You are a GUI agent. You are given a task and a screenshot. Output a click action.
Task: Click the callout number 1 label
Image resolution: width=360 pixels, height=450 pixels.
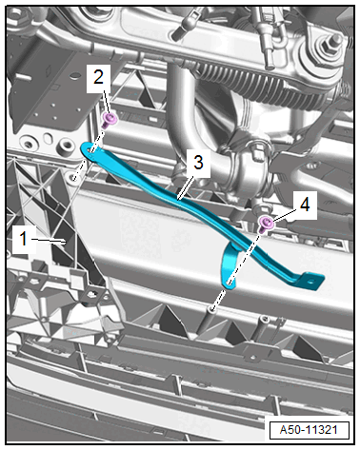pos(23,238)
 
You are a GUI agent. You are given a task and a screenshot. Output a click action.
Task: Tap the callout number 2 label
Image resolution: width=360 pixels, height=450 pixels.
pos(98,77)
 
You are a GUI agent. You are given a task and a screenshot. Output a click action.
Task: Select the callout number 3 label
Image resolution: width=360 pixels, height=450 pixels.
pos(198,162)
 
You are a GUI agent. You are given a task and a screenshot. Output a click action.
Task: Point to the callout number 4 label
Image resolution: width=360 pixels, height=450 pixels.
pos(305,205)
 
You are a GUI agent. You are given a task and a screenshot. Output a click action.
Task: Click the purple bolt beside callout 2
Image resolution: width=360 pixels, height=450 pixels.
pos(110,120)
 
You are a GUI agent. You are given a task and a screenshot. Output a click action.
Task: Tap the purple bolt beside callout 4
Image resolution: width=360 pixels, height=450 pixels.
pos(266,224)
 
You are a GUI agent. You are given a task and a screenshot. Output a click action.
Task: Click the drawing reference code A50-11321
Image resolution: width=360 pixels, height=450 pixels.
pos(309,430)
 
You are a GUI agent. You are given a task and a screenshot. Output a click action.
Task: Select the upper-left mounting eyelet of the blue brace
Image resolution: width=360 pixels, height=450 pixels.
pos(90,150)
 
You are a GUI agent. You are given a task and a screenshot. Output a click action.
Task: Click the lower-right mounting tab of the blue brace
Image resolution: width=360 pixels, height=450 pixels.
pos(312,280)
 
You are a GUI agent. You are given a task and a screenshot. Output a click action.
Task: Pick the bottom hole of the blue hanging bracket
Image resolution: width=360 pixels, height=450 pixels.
pos(230,283)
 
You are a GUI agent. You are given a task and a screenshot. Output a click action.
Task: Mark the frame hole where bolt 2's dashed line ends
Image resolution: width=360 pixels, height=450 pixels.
pos(74,175)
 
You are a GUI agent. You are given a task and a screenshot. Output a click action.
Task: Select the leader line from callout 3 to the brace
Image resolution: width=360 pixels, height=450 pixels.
pos(186,188)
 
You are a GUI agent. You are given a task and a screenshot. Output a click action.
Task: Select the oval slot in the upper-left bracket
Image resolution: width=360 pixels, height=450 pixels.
pos(48,139)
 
